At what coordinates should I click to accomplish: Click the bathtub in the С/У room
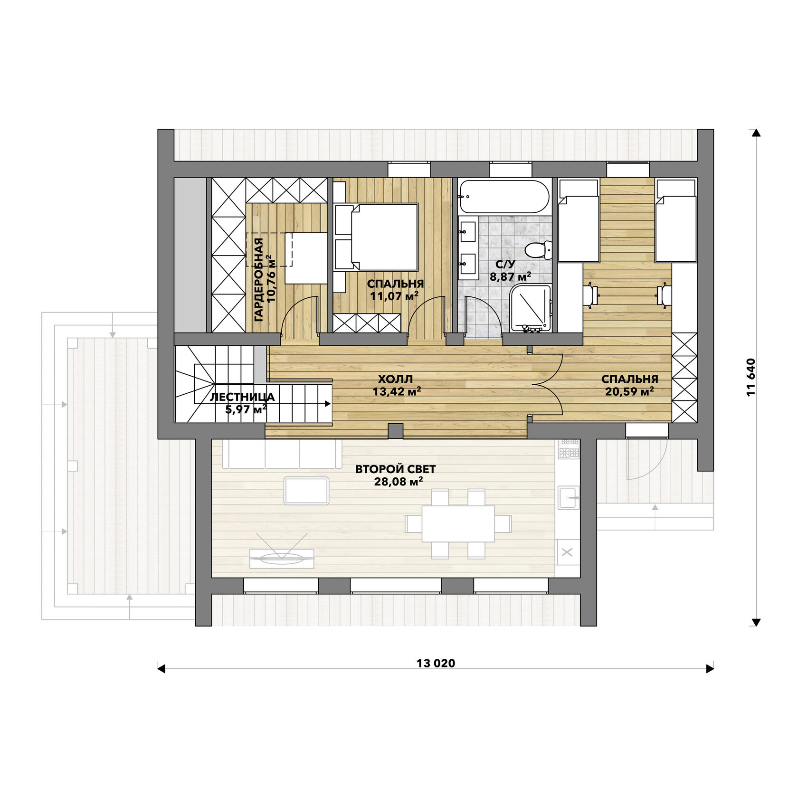(504, 196)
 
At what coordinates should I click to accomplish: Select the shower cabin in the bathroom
(530, 308)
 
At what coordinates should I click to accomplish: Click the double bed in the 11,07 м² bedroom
(377, 237)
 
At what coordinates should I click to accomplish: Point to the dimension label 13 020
(436, 663)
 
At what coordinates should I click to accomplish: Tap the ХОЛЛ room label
(396, 379)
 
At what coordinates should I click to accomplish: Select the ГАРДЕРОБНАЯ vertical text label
(258, 280)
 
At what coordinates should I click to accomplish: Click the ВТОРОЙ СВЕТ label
(396, 469)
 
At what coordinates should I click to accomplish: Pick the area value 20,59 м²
(629, 391)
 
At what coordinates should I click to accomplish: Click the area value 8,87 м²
(510, 276)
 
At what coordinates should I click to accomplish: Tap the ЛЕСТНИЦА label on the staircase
(242, 397)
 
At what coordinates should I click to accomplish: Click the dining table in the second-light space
(458, 523)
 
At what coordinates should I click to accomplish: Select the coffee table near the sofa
(306, 491)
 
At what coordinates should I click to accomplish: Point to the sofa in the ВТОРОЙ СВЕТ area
(282, 454)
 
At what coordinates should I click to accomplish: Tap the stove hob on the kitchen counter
(569, 448)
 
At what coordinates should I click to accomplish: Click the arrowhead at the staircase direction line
(328, 404)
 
